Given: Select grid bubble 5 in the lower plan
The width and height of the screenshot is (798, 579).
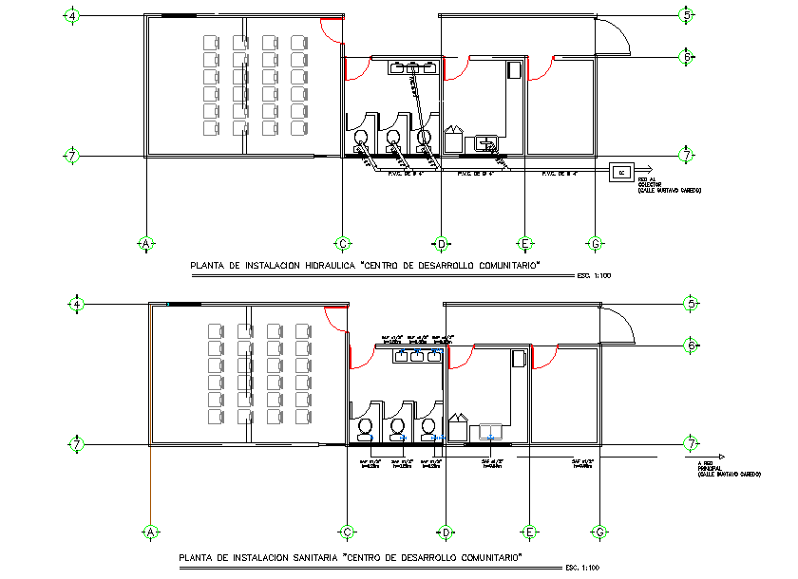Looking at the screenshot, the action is click(x=690, y=304).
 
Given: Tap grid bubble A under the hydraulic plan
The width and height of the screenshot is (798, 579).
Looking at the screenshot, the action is click(x=146, y=244).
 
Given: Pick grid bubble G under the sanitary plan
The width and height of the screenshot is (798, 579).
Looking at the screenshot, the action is click(x=598, y=532).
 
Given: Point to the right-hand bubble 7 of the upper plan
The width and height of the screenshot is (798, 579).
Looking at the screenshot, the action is click(x=687, y=155).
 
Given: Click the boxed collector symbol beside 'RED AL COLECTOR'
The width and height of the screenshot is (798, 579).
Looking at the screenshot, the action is click(x=622, y=172).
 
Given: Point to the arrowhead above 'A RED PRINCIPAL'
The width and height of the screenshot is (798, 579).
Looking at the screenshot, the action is click(x=722, y=456).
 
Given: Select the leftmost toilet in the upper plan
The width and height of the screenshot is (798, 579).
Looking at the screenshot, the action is click(x=362, y=140).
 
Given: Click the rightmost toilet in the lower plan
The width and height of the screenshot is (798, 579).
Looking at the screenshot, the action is click(x=428, y=429).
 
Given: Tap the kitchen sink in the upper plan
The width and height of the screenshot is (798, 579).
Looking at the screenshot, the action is click(x=487, y=143).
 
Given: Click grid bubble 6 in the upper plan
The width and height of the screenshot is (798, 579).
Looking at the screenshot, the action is click(x=687, y=57).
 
